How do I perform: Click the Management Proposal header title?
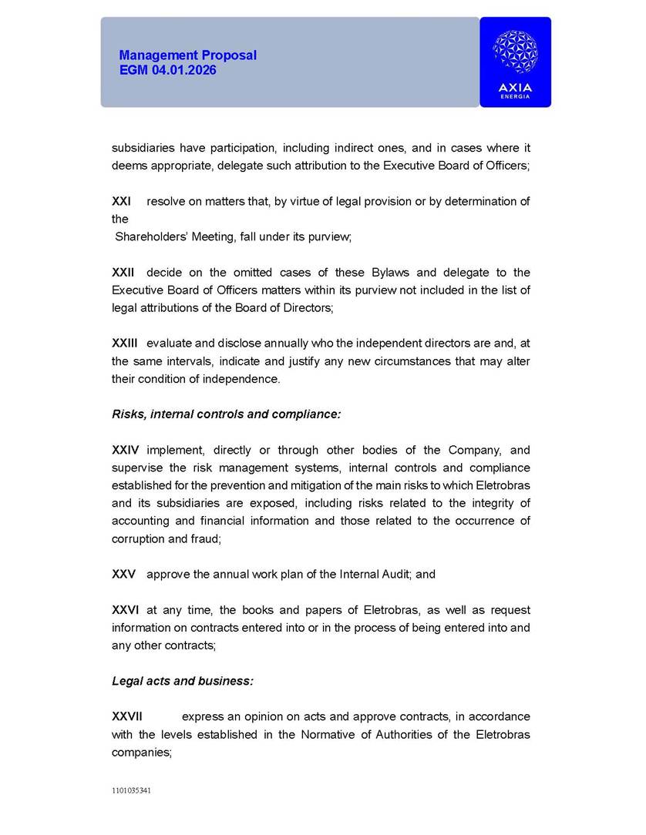(x=188, y=55)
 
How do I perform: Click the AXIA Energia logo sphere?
(x=515, y=53)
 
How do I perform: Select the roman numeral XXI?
(x=121, y=202)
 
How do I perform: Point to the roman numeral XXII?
(x=123, y=273)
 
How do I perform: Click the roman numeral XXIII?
(x=125, y=344)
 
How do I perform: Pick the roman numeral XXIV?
(x=126, y=450)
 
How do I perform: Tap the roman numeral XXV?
(x=124, y=575)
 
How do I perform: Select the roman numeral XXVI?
(x=126, y=610)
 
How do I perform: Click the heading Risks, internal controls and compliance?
(x=227, y=414)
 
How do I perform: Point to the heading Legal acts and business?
(x=183, y=681)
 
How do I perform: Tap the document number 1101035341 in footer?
(x=131, y=790)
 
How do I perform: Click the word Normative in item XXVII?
(x=327, y=735)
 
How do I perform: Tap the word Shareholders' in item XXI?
(x=152, y=237)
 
